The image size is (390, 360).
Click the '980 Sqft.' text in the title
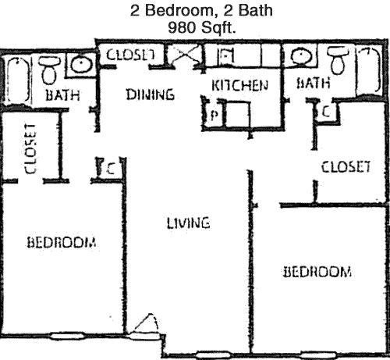tap(202, 27)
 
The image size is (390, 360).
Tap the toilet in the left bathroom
tap(49, 70)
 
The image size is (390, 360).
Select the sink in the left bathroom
tap(81, 65)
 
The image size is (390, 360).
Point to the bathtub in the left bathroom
tap(17, 80)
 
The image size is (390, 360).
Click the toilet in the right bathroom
tap(338, 61)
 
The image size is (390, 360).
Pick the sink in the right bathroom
tap(301, 56)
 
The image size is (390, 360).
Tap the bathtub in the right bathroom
tap(369, 72)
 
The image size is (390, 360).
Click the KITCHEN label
tap(239, 85)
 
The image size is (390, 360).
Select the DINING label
tap(151, 94)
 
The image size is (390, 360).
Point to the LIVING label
tap(188, 223)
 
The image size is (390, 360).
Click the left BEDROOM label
tap(62, 242)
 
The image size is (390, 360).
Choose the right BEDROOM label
tap(317, 272)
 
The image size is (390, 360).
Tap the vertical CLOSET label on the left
tap(30, 148)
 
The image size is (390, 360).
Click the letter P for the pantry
tap(214, 115)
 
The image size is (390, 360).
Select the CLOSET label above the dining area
tap(131, 55)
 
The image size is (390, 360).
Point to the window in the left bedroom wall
tap(67, 336)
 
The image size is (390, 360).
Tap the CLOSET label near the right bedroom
tap(346, 166)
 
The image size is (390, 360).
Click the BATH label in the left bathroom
tap(62, 95)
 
